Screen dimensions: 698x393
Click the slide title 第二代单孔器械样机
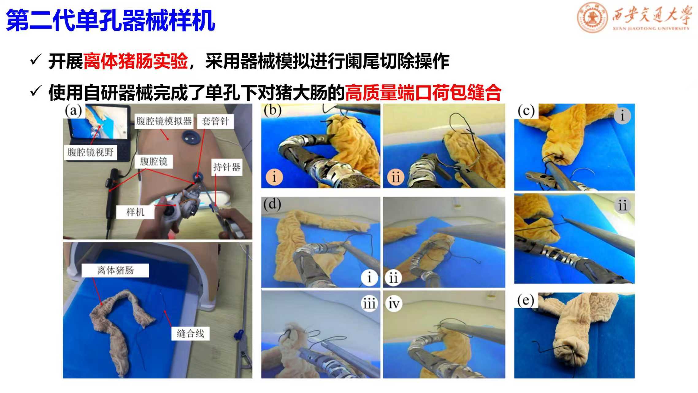(x=110, y=20)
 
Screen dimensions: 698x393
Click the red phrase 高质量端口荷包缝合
(x=423, y=92)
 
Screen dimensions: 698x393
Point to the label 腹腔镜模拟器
(x=164, y=121)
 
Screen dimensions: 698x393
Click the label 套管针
(x=215, y=121)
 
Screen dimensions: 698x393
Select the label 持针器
(x=227, y=167)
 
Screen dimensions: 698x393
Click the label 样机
(x=135, y=212)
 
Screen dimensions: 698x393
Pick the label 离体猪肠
(x=115, y=270)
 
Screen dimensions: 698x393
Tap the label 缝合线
(x=190, y=334)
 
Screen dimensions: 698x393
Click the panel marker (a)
(x=73, y=111)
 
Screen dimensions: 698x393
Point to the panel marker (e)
(x=526, y=300)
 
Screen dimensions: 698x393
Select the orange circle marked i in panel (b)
(x=274, y=177)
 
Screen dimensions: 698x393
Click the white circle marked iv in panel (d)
(x=393, y=304)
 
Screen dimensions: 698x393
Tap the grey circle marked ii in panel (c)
(x=622, y=205)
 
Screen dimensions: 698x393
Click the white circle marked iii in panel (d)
(x=369, y=304)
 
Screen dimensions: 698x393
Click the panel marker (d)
(x=272, y=204)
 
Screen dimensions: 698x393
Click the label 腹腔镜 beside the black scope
(x=154, y=161)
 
